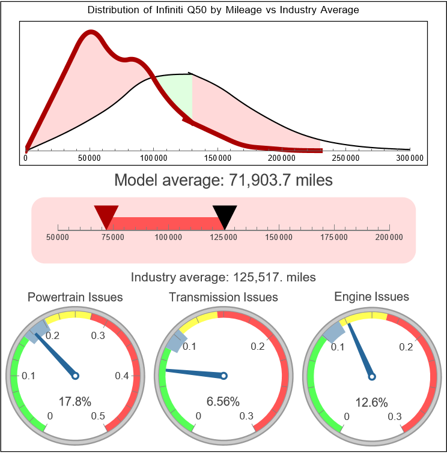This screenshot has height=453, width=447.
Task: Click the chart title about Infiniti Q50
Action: [x=223, y=10]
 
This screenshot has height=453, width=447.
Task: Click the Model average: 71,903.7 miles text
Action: [x=223, y=180]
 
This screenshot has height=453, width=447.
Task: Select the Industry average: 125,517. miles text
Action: [x=223, y=277]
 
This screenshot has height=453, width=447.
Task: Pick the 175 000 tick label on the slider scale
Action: [x=334, y=238]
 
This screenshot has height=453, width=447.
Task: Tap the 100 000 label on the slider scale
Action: [x=168, y=238]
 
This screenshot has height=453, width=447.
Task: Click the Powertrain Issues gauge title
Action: [x=75, y=297]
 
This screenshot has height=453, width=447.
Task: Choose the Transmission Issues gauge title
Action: [x=223, y=297]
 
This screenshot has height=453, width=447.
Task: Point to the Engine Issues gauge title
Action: [x=371, y=296]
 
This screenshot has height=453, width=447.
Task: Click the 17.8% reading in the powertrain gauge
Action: [x=74, y=401]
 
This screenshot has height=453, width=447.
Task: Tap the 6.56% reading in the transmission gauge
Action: [x=223, y=401]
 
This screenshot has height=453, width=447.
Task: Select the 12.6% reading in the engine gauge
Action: [x=371, y=401]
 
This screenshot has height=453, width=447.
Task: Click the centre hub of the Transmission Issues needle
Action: [x=223, y=376]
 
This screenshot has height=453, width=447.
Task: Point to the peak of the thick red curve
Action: [x=90, y=33]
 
